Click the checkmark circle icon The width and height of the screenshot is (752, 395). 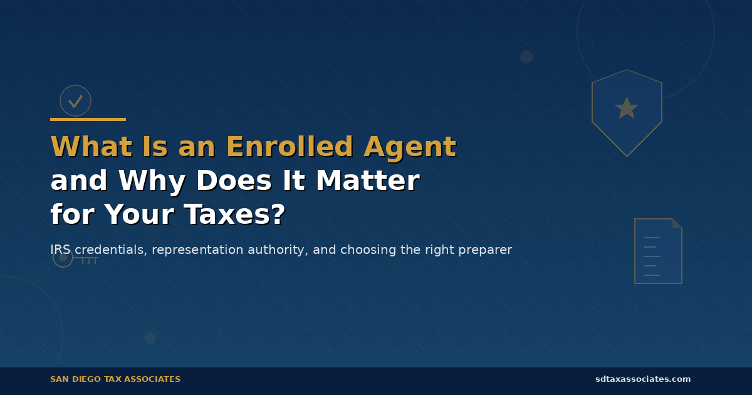click(75, 100)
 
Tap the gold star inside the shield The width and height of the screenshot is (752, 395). click(627, 108)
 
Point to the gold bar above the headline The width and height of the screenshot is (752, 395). click(88, 119)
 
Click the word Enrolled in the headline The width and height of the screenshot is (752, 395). click(288, 147)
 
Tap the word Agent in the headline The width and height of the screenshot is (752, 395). click(409, 147)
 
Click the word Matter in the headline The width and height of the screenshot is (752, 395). click(367, 181)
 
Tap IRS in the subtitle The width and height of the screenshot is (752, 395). click(60, 250)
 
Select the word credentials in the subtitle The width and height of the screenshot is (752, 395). click(110, 250)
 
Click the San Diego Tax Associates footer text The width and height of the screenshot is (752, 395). click(115, 379)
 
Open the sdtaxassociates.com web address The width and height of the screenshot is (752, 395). click(643, 379)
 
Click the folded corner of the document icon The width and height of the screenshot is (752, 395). click(677, 223)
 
